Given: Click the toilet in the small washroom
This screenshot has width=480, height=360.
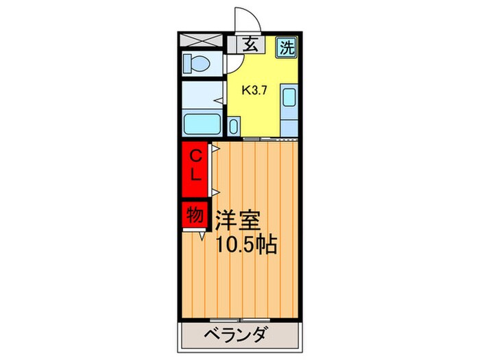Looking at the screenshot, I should (198, 64).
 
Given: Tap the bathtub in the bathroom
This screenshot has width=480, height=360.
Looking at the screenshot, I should (202, 125).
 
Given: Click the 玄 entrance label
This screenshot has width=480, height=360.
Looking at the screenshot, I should (251, 45).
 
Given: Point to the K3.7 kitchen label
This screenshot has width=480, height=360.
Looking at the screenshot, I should (254, 88).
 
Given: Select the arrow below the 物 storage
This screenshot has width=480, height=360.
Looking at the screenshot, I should (203, 237).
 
